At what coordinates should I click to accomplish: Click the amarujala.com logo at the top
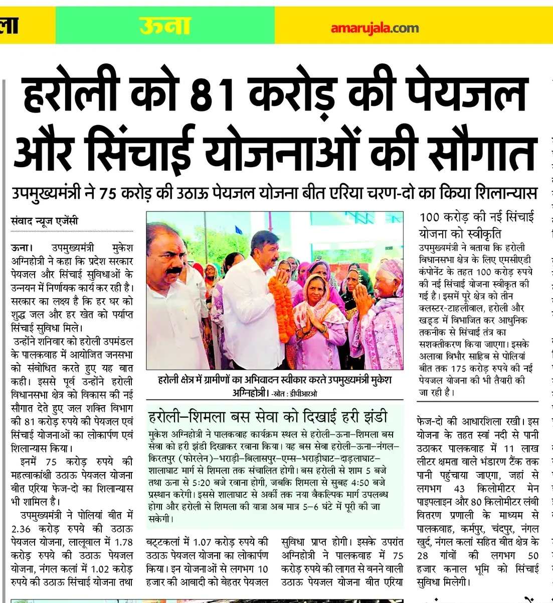click(375, 28)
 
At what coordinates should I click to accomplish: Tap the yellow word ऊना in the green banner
click(165, 26)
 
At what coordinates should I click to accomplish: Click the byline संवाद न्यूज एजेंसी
click(45, 220)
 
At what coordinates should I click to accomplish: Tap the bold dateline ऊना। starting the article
click(22, 248)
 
